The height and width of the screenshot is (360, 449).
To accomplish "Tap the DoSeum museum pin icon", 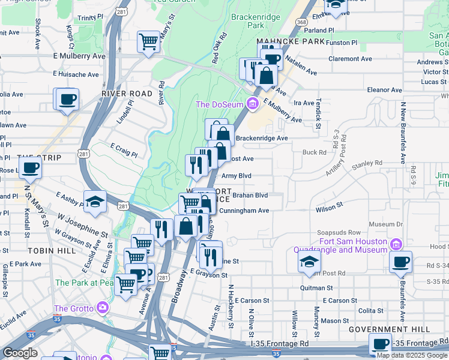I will (x=253, y=104).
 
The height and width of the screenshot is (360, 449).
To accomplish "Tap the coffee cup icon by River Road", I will (x=66, y=98).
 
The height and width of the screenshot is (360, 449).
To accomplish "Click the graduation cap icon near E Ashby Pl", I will (x=95, y=202).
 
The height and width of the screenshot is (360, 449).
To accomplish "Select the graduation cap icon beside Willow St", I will (x=309, y=261).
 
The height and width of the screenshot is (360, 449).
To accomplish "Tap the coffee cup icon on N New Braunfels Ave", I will (x=400, y=262).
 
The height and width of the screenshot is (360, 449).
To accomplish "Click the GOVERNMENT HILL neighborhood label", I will (x=397, y=330).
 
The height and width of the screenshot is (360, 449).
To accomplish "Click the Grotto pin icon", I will (x=103, y=308).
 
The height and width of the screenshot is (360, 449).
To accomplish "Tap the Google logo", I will (x=20, y=353).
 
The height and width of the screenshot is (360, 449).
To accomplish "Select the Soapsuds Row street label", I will (x=339, y=233).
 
